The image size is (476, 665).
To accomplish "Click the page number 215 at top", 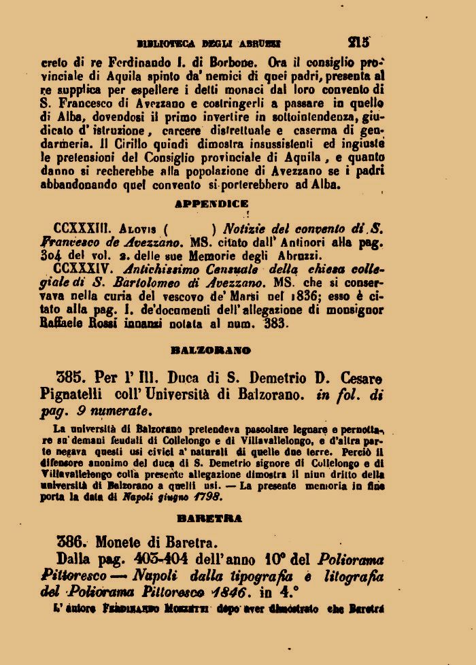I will tap(358, 41).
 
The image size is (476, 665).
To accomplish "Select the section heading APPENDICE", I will tap(211, 204).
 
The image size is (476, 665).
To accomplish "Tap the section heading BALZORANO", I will tap(211, 350).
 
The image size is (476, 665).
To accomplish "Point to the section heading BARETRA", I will tap(209, 518).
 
